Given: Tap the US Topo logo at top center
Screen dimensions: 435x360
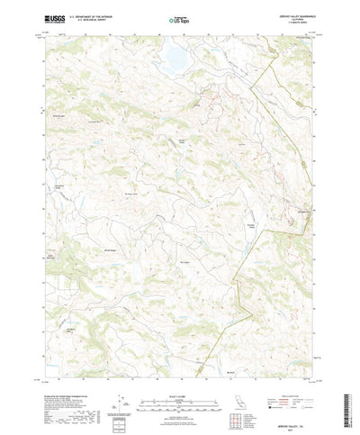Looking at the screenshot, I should point(179,18).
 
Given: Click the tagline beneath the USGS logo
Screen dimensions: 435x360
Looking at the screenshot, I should point(52,23).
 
